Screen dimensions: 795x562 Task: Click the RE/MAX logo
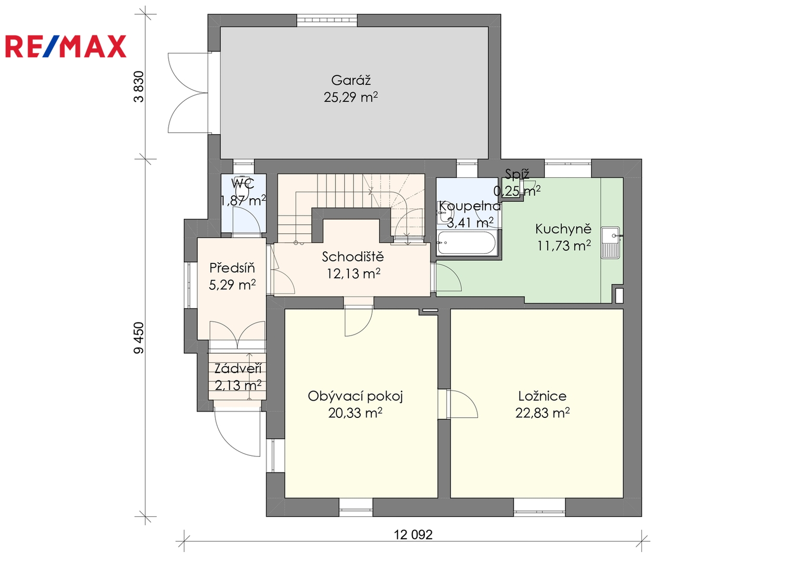[x=66, y=46]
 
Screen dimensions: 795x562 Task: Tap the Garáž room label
[x=351, y=80]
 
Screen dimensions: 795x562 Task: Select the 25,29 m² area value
[x=350, y=97]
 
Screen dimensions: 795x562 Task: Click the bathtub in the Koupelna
[x=466, y=243]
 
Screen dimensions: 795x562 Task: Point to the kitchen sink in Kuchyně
[x=611, y=242]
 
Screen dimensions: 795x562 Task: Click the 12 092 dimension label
[x=413, y=534]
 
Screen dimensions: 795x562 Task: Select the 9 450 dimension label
[x=139, y=338]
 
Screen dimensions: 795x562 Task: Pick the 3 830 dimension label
[x=139, y=87]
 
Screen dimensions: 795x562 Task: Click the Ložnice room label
[x=542, y=396]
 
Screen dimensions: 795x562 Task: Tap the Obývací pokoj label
[x=355, y=397]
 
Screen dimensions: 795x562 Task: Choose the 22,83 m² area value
[x=542, y=413]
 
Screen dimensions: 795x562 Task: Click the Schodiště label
[x=353, y=257]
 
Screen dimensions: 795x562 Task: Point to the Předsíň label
[x=232, y=268]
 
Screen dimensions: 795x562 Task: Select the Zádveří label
[x=238, y=368]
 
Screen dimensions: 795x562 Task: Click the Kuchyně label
[x=563, y=229]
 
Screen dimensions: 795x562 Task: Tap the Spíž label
[x=517, y=174]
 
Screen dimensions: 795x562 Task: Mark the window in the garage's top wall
[x=327, y=21]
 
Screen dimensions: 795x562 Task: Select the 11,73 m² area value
[x=564, y=246]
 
